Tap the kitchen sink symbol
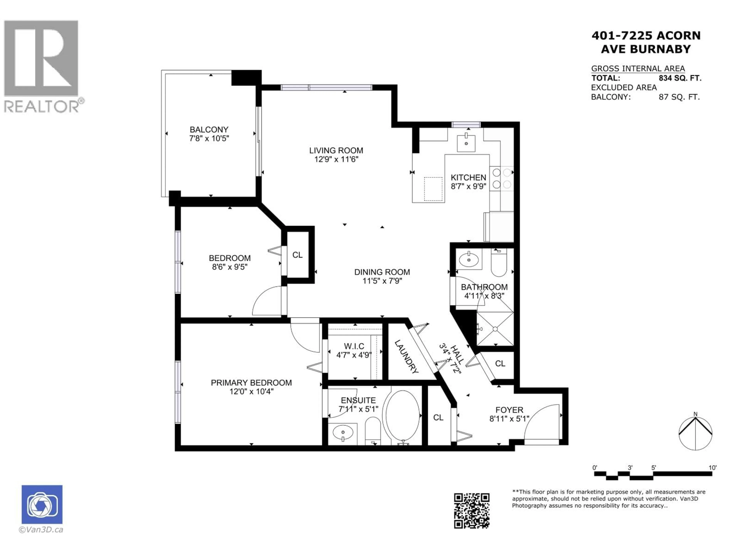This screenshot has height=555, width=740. click(x=466, y=143)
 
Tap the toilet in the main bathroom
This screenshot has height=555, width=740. click(x=499, y=264)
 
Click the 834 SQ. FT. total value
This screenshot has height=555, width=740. click(x=680, y=78)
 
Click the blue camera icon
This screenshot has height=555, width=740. click(x=42, y=505)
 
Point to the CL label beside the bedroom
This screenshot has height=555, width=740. click(x=297, y=255)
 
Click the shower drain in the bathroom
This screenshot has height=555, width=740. click(x=495, y=329)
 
